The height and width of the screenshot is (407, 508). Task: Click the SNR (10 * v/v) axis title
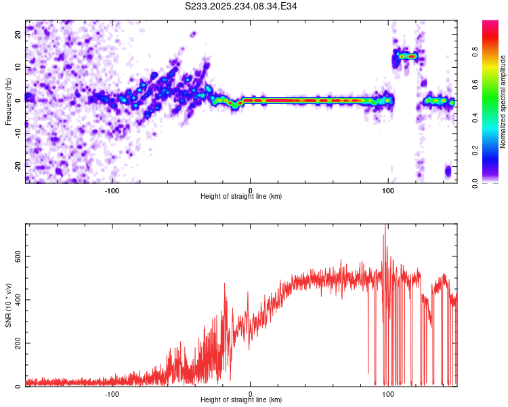point(9,305)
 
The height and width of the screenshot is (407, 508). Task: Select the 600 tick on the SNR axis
point(16,256)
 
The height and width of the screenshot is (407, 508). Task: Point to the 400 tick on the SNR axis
point(16,299)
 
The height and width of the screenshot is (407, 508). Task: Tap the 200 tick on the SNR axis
point(16,343)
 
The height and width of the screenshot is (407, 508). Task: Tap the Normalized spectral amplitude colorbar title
point(503,102)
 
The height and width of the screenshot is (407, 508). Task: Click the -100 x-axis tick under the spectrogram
point(112,189)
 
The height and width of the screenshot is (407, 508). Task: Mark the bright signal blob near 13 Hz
point(407,56)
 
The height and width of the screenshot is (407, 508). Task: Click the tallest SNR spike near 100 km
point(385,228)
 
